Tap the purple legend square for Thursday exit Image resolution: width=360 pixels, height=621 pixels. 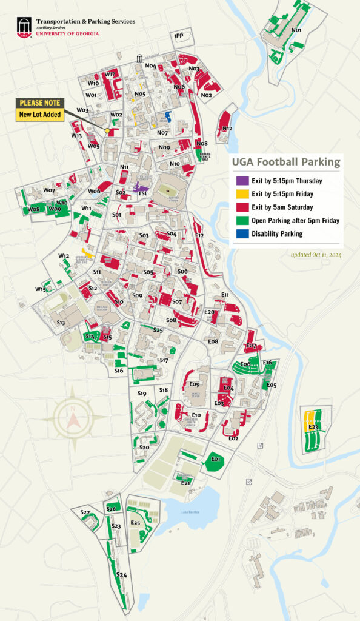click(x=241, y=181)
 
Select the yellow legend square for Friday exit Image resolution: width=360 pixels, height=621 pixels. click(x=241, y=194)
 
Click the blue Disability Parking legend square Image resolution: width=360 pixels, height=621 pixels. click(x=241, y=233)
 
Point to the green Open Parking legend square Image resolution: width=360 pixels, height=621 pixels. click(x=241, y=220)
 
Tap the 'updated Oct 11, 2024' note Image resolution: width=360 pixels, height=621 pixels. click(x=316, y=255)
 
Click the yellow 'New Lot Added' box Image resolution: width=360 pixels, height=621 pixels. click(x=41, y=114)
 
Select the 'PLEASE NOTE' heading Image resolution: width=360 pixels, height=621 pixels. click(x=41, y=103)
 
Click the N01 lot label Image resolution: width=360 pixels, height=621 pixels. click(x=296, y=30)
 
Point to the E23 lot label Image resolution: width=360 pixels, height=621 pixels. click(x=313, y=428)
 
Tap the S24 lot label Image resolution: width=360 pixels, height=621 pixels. click(x=121, y=574)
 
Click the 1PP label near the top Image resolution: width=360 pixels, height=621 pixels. click(x=178, y=37)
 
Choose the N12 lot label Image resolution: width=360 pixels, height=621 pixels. click(x=227, y=129)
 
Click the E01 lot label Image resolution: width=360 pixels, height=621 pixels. click(x=215, y=459)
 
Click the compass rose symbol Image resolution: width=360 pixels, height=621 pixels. click(x=72, y=418)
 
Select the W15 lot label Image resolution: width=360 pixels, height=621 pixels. click(x=40, y=289)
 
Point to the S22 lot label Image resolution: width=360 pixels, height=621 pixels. click(x=85, y=513)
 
